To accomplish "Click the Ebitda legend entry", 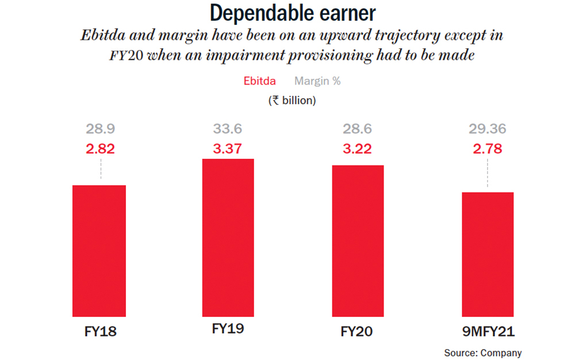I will (259, 81).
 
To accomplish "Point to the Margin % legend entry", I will (317, 81).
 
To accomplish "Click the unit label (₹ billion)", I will (292, 100).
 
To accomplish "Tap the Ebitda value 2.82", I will (101, 149).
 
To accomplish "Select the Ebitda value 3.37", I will (228, 149).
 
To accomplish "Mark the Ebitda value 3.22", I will (357, 149).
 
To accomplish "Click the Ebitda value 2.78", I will (487, 149).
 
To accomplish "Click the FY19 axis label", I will (228, 330).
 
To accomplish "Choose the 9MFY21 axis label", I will (487, 332).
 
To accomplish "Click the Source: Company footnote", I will (482, 353).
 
